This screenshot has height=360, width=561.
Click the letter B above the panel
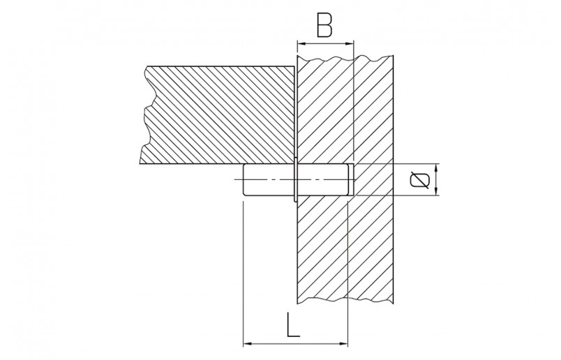coord(324,25)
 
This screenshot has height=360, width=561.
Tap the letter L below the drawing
coord(294,325)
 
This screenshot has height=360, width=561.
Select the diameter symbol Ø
coord(419,180)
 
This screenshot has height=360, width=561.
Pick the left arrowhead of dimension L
coord(246,343)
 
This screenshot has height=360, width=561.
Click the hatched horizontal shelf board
coord(216,114)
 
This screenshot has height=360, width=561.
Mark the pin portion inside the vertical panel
coord(324,180)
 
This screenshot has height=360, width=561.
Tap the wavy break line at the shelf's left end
coord(144,115)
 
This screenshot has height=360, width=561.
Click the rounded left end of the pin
coord(243,180)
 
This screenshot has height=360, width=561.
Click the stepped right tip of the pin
coord(352,180)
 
